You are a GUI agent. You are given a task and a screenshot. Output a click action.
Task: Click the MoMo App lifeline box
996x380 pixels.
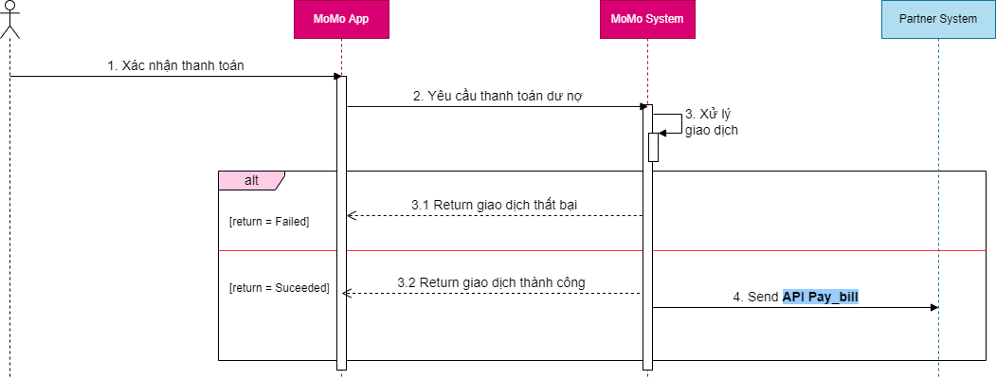[x=340, y=19]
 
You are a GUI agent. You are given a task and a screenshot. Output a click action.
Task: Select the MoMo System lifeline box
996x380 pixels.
[x=647, y=19]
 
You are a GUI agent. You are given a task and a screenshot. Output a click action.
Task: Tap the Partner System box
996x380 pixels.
[x=938, y=19]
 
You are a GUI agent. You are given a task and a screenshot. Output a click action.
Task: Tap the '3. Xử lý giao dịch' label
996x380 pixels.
[x=711, y=122]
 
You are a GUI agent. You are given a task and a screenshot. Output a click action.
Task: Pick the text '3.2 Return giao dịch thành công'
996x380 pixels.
[x=491, y=281]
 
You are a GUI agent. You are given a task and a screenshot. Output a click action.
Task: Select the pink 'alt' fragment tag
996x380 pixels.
[x=250, y=180]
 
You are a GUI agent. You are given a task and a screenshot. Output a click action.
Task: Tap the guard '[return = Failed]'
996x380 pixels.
[x=269, y=221]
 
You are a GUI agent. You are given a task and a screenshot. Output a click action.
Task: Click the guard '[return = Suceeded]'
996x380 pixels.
[x=280, y=286]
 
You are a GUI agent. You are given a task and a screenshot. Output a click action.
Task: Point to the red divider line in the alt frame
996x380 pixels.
[x=607, y=250]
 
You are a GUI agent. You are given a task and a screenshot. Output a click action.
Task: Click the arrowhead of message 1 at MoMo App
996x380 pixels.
[x=336, y=77]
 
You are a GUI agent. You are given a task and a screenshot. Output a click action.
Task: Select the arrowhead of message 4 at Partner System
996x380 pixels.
[x=933, y=307]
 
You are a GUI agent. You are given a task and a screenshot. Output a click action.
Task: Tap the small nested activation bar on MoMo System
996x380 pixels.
[x=653, y=147]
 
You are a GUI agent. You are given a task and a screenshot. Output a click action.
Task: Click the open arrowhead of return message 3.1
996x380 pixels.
[x=351, y=216]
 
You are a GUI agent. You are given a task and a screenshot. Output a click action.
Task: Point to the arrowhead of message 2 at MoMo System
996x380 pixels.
[x=643, y=106]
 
